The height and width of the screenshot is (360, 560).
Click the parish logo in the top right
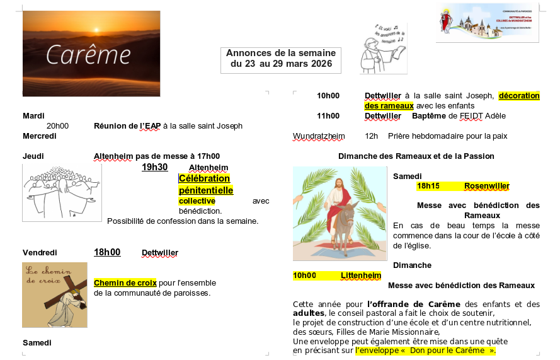point(487,22)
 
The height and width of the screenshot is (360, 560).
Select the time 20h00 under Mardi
point(57,126)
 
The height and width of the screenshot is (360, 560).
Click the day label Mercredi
point(40,136)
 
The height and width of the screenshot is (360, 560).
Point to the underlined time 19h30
point(154,167)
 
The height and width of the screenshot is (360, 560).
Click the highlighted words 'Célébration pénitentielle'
point(205,184)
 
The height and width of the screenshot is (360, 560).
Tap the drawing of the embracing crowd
point(62,192)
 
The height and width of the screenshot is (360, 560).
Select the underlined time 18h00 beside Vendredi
point(107,252)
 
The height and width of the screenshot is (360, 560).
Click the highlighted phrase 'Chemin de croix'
point(125,282)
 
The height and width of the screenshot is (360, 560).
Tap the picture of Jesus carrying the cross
point(55,294)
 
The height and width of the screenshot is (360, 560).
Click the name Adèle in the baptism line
point(494,116)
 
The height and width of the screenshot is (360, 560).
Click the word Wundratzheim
point(319,136)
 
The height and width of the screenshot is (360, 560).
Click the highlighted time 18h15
point(428,186)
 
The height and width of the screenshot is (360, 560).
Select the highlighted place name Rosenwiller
point(486,186)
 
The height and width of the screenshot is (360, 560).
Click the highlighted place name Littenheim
point(361,276)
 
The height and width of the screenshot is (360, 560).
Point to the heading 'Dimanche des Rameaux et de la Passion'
point(416,156)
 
